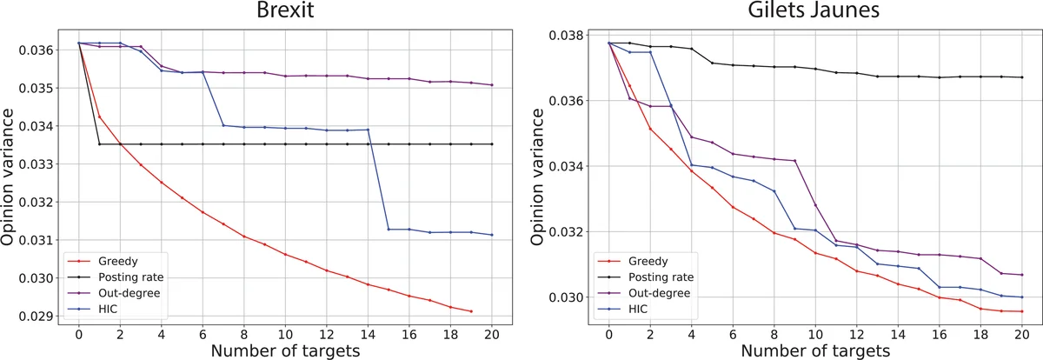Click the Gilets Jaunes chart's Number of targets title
click(x=815, y=350)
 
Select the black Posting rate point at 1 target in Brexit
click(x=99, y=144)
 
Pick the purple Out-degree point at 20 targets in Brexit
click(x=493, y=85)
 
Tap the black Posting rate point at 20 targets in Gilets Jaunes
click(x=1022, y=77)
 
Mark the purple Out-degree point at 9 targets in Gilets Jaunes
click(x=795, y=161)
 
